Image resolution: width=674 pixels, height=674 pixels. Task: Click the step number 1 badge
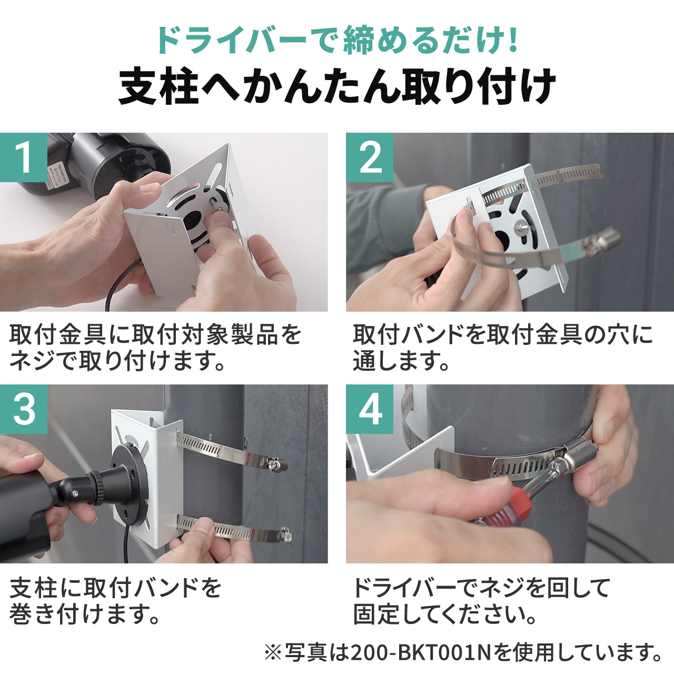pos(24,157)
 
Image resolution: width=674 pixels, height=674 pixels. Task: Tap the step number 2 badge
pos(370,157)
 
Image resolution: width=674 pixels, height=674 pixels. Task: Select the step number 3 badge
pos(24,409)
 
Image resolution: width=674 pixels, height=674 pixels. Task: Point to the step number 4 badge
pos(370,409)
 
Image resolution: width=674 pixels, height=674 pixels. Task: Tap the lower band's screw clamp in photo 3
pos(284,536)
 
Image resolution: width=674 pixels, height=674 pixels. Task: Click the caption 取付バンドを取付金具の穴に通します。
pos(503,348)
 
